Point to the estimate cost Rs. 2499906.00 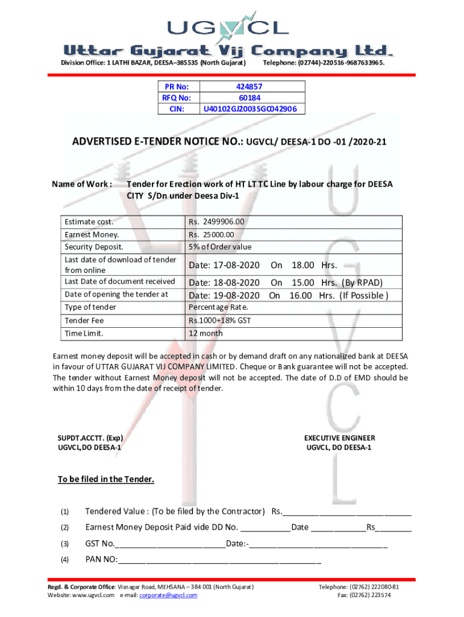pyautogui.click(x=216, y=222)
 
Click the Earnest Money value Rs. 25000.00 pyautogui.click(x=211, y=235)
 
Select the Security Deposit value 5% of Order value pyautogui.click(x=220, y=247)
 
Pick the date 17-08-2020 pyautogui.click(x=225, y=265)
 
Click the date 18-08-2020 pyautogui.click(x=225, y=283)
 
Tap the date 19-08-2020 pyautogui.click(x=225, y=295)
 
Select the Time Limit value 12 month pyautogui.click(x=205, y=333)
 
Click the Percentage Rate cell pyautogui.click(x=214, y=308)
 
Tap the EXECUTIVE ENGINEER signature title pyautogui.click(x=339, y=438)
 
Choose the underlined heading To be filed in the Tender pyautogui.click(x=106, y=480)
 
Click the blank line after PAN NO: pyautogui.click(x=220, y=560)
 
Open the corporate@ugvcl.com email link pyautogui.click(x=168, y=595)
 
